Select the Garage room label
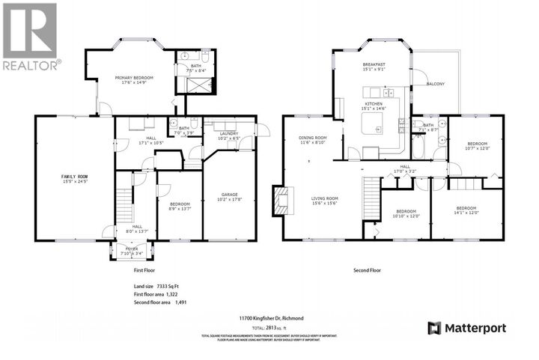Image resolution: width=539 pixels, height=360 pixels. (x=229, y=197)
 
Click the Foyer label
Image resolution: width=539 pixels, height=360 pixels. (x=130, y=251)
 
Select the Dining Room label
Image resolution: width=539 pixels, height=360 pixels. (x=313, y=139)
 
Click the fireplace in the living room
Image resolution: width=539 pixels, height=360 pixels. (x=281, y=200)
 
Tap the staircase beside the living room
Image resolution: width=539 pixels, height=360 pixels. (x=368, y=197)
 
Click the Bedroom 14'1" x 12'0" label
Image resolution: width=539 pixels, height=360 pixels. (x=465, y=210)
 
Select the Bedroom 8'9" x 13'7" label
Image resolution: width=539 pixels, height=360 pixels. (x=179, y=207)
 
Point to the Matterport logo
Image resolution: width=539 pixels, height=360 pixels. (x=467, y=328)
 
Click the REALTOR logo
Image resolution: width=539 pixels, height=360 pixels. (x=31, y=37)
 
